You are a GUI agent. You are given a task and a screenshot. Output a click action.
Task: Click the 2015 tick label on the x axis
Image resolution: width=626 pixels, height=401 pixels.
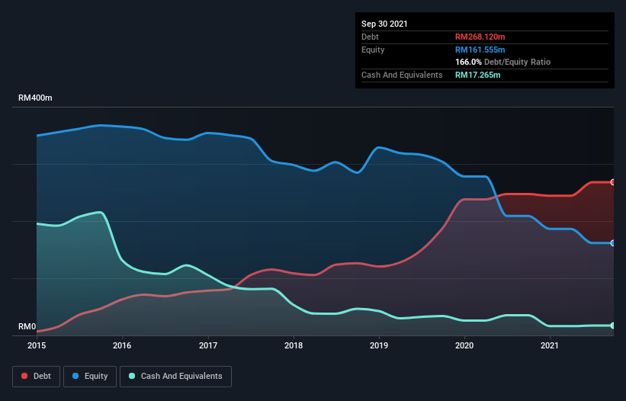coord(36,345)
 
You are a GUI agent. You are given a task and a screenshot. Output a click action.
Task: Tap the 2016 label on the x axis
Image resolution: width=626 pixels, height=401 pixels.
coord(122,345)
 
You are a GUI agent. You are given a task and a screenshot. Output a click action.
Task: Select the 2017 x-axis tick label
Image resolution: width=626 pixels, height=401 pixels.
coord(208,345)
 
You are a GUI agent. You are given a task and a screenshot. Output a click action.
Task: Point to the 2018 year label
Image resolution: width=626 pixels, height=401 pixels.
coord(293,345)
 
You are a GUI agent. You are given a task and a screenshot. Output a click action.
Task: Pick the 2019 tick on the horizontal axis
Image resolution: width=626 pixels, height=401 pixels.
coord(379,345)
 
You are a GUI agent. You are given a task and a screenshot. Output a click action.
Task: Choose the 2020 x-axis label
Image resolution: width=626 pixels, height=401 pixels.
coord(464,345)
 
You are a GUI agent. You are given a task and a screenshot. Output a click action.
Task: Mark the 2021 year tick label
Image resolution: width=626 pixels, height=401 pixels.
coord(550,345)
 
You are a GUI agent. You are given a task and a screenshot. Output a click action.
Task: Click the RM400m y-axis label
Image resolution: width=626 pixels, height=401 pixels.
coord(36,98)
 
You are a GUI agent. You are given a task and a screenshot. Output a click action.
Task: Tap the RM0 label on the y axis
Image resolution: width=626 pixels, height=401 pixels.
coord(27,326)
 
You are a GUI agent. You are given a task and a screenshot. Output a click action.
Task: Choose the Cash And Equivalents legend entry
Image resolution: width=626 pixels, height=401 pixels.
coord(175,376)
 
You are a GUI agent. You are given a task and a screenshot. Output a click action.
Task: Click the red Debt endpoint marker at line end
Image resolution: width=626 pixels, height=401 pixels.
coord(613,182)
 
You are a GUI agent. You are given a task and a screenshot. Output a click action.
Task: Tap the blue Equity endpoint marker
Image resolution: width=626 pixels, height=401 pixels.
coord(613,243)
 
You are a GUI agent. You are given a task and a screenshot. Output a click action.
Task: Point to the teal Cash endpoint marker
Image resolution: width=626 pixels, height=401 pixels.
coord(613,326)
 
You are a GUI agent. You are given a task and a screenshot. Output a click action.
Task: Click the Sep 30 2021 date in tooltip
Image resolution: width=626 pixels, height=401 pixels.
coord(384,24)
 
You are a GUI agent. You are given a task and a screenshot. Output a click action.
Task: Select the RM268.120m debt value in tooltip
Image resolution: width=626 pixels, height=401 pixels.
coord(480,37)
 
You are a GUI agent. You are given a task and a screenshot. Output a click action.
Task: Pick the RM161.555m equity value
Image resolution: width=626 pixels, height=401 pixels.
coord(480,50)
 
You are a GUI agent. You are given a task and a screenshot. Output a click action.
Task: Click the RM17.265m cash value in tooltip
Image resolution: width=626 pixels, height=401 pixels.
coord(478,75)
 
